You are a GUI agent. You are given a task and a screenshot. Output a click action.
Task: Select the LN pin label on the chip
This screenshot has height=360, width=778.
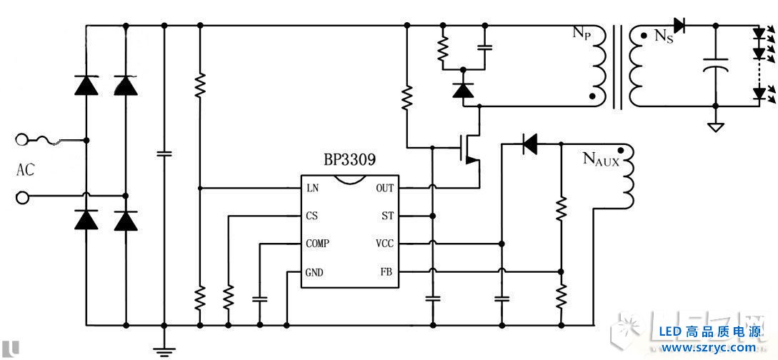coord(312,189)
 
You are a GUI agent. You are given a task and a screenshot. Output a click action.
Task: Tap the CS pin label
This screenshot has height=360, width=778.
coord(311,216)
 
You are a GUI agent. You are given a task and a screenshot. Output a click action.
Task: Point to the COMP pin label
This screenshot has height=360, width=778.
coord(317,244)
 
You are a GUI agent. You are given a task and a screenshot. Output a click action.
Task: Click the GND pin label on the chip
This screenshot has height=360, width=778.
coord(314,272)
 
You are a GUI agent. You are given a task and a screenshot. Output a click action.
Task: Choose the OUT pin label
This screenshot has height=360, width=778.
coord(384,189)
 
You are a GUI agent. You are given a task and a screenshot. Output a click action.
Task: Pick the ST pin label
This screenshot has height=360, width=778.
coord(387,216)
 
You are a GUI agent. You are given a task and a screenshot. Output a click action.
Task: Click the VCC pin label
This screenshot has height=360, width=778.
coord(384,244)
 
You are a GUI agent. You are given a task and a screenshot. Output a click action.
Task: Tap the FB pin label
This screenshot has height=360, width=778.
coord(387,272)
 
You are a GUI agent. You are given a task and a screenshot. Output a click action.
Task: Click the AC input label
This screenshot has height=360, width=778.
coord(25,171)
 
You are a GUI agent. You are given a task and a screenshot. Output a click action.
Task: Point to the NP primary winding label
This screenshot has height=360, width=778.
coord(580,34)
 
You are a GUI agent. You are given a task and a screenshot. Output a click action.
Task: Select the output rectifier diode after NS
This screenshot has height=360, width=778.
coord(679,26)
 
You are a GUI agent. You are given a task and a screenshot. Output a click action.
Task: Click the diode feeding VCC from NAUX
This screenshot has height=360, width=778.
coord(529,144)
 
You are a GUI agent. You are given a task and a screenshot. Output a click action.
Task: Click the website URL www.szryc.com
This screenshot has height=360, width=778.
coord(708,348)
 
